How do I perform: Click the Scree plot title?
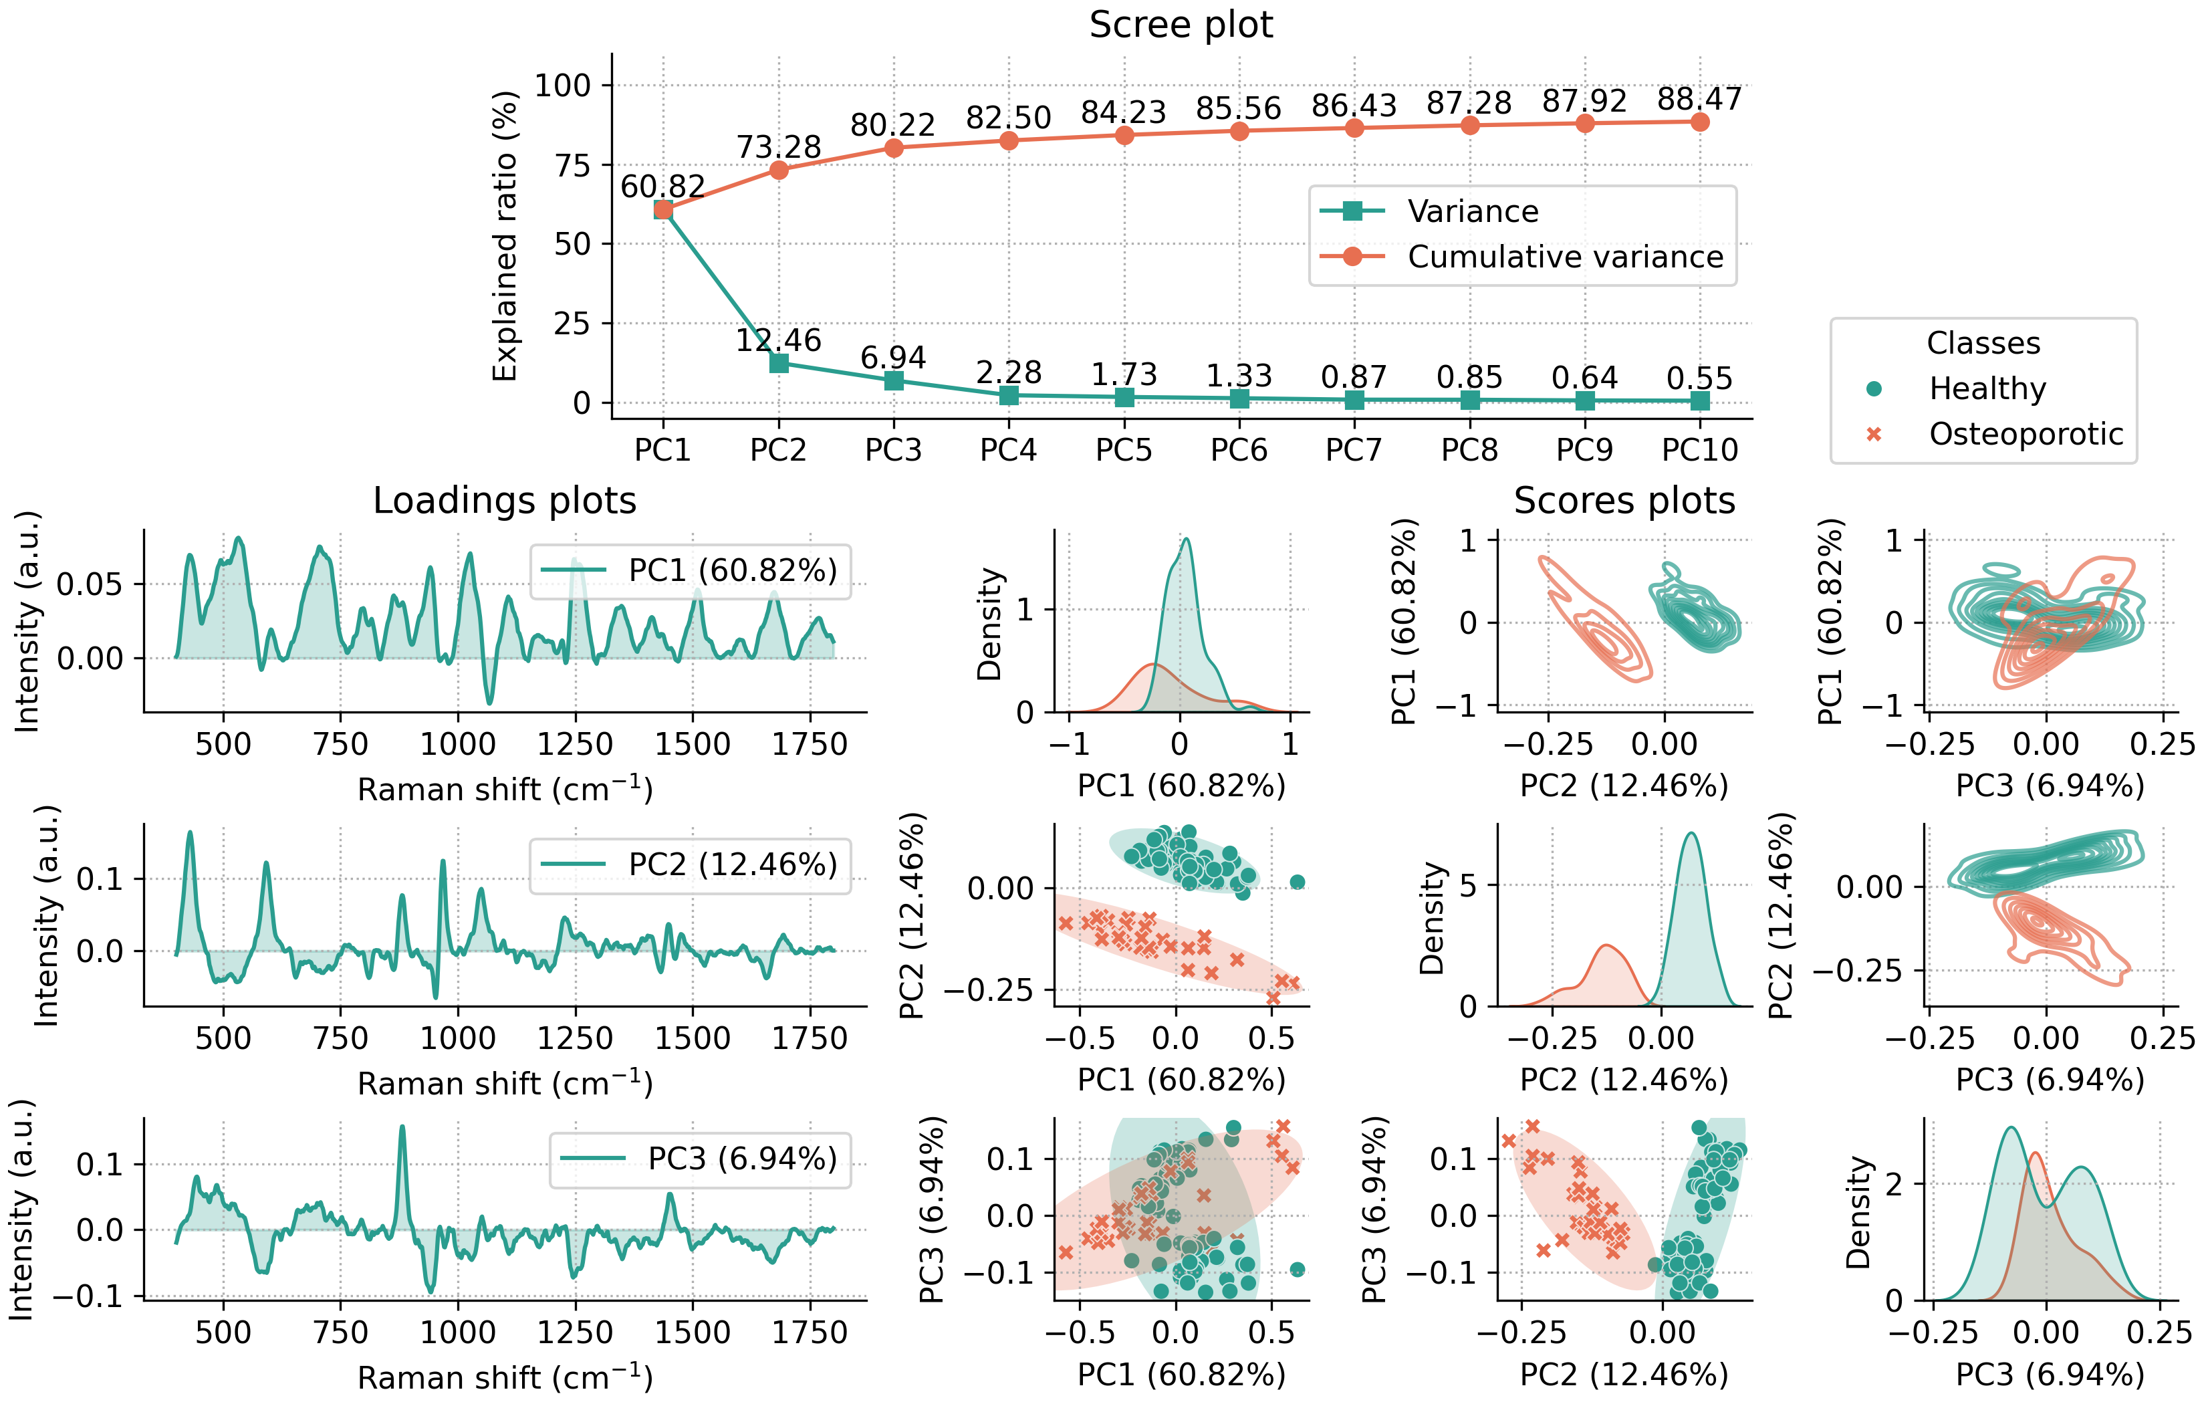(1180, 25)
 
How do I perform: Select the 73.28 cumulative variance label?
(779, 146)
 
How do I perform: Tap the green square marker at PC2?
(779, 363)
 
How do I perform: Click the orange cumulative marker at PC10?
(1699, 122)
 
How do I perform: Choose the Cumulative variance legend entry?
(1565, 257)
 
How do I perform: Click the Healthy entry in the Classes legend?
(1986, 388)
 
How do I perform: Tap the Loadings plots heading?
(504, 501)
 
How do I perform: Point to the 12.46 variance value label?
(779, 340)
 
